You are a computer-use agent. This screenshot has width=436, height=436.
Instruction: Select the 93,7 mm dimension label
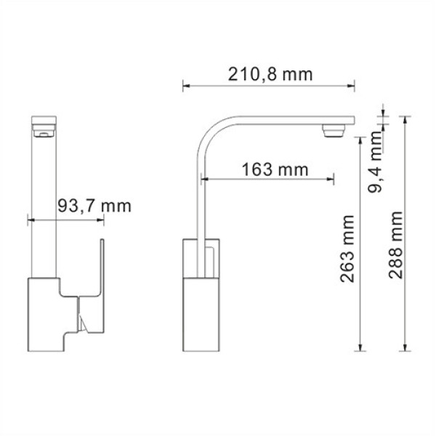click(94, 206)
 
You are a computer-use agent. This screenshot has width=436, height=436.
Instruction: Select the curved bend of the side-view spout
click(211, 134)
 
